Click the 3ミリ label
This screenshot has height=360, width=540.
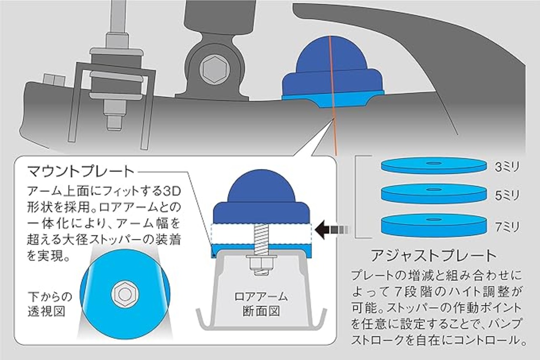point(508,167)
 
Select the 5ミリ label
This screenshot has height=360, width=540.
point(508,195)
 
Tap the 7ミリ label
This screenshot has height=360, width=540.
point(508,228)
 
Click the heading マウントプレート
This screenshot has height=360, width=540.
point(80,172)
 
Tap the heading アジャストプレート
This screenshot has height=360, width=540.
point(433,256)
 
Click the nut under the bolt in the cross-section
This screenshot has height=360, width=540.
point(260,265)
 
